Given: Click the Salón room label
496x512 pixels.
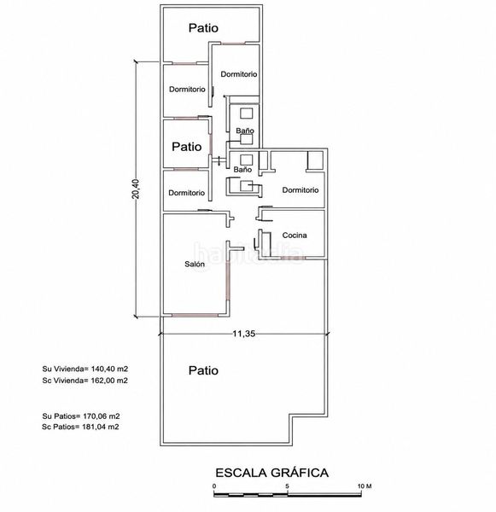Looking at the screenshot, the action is (195, 264).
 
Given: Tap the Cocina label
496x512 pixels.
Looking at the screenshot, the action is (295, 236).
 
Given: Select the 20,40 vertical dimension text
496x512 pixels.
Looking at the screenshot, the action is (136, 189).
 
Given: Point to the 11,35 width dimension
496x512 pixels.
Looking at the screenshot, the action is (244, 334).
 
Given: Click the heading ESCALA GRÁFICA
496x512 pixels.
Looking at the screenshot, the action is (271, 473).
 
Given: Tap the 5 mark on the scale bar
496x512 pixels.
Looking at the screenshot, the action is (287, 486).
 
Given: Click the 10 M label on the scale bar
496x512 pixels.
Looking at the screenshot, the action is (365, 486).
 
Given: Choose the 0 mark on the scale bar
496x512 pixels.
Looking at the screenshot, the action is (214, 486).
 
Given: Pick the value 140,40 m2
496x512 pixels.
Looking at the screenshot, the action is (109, 369).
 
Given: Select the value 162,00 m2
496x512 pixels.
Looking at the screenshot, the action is (109, 381).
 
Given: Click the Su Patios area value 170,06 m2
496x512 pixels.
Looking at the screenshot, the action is (101, 416).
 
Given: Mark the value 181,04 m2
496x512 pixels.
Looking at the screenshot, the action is (101, 427).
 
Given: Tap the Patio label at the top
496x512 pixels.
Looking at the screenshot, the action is (203, 28).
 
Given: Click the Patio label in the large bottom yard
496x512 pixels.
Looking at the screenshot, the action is (203, 370).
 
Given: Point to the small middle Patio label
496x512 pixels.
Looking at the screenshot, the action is (187, 147).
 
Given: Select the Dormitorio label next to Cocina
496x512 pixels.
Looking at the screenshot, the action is (301, 190).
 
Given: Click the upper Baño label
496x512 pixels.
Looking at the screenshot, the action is (245, 131).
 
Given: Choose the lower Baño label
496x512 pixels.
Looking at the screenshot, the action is (242, 170).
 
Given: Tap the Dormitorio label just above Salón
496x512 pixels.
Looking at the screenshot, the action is (187, 193).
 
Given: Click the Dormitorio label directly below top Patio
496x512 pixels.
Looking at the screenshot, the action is (239, 74).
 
